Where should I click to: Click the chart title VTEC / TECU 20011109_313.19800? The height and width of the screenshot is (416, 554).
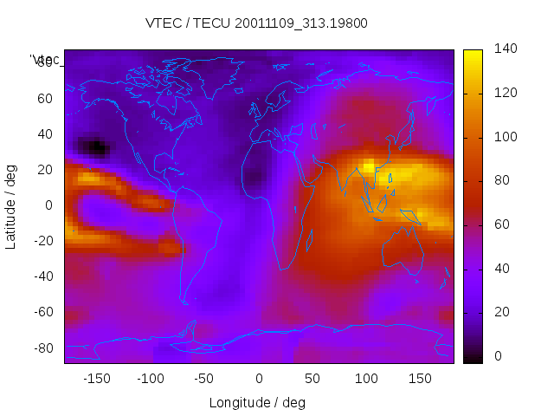(x=256, y=23)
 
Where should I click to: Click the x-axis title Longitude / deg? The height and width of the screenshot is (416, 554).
(x=257, y=402)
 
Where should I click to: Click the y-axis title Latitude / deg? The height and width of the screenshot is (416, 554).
(x=11, y=205)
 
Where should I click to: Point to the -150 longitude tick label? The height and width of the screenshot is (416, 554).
(x=97, y=379)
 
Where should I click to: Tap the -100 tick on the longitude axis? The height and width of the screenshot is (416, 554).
(x=151, y=379)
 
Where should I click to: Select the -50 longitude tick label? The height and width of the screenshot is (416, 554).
(x=204, y=379)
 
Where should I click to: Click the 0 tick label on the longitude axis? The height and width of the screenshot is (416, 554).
(x=259, y=379)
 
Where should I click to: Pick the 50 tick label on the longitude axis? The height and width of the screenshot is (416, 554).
(x=312, y=379)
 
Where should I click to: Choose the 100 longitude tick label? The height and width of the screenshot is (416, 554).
(x=366, y=379)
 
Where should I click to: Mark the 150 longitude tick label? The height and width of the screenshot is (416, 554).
(x=420, y=379)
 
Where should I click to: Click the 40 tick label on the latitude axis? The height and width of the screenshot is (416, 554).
(x=44, y=134)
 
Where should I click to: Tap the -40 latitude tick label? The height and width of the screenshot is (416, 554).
(x=42, y=276)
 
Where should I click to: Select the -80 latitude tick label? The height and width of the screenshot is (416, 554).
(x=42, y=348)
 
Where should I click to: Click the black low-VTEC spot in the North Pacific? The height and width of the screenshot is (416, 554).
(x=95, y=148)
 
